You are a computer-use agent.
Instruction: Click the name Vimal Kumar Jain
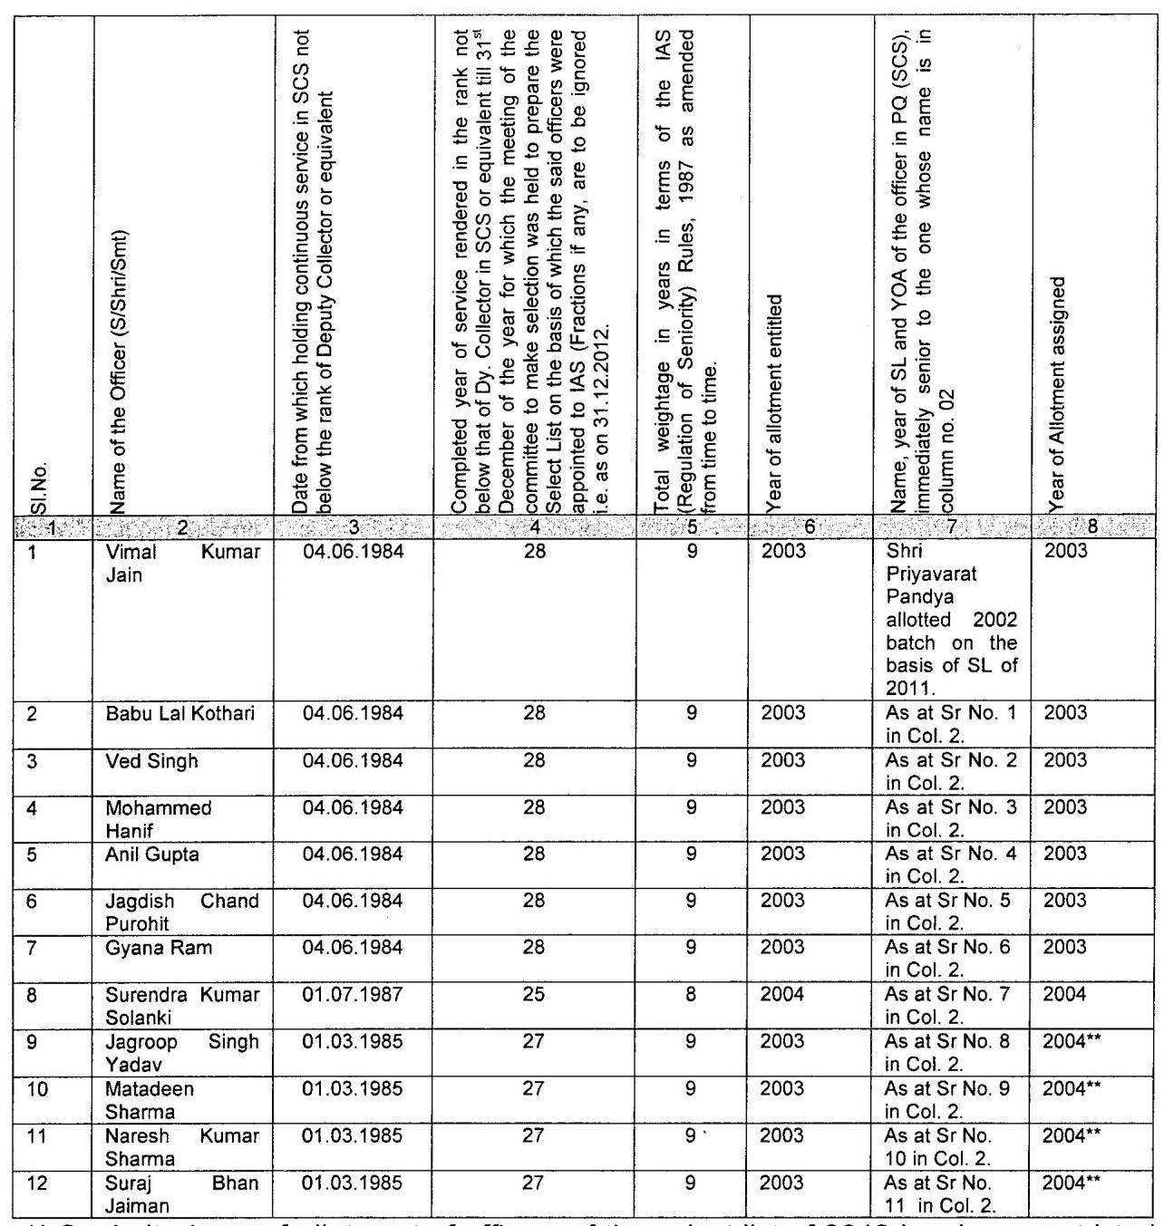182,563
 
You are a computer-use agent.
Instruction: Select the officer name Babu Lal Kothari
180,713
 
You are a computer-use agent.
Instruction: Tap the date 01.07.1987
353,994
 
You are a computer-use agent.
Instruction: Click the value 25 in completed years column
534,994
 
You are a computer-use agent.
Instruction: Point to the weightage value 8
692,994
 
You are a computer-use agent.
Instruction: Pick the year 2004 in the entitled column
782,994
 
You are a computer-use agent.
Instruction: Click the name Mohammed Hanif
158,818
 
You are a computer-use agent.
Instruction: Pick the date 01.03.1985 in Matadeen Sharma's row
353,1088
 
